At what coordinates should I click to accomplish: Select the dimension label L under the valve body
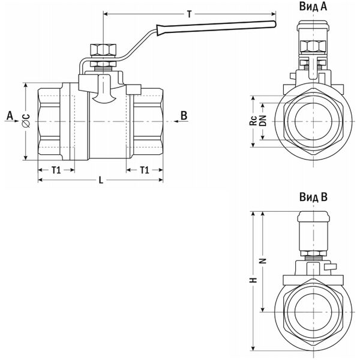[100, 180]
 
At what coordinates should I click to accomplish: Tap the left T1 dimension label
[56, 170]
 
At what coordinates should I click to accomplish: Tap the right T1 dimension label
[145, 170]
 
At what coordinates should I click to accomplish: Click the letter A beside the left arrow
[9, 114]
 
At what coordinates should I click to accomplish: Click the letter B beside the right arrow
[184, 114]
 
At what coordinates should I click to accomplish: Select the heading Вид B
[313, 197]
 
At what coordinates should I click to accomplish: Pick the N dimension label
[262, 262]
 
